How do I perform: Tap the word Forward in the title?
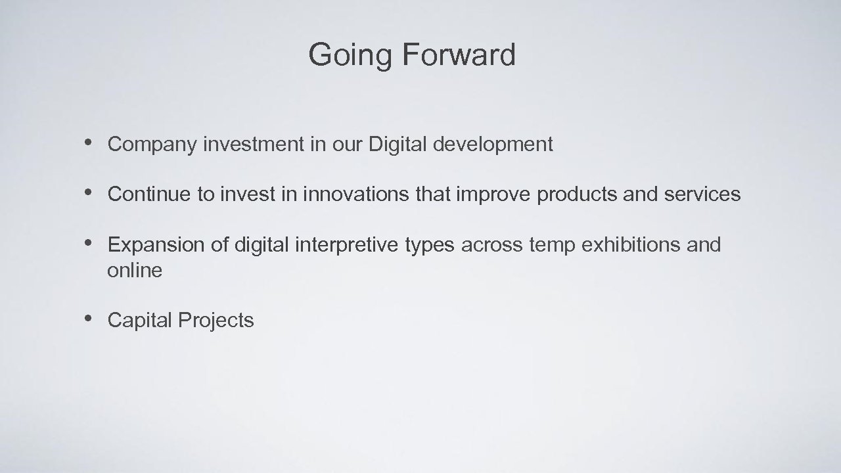457,55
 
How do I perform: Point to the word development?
492,145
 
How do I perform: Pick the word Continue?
148,194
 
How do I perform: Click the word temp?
552,246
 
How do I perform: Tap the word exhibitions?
631,245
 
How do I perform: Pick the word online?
135,270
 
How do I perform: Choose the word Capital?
139,321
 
